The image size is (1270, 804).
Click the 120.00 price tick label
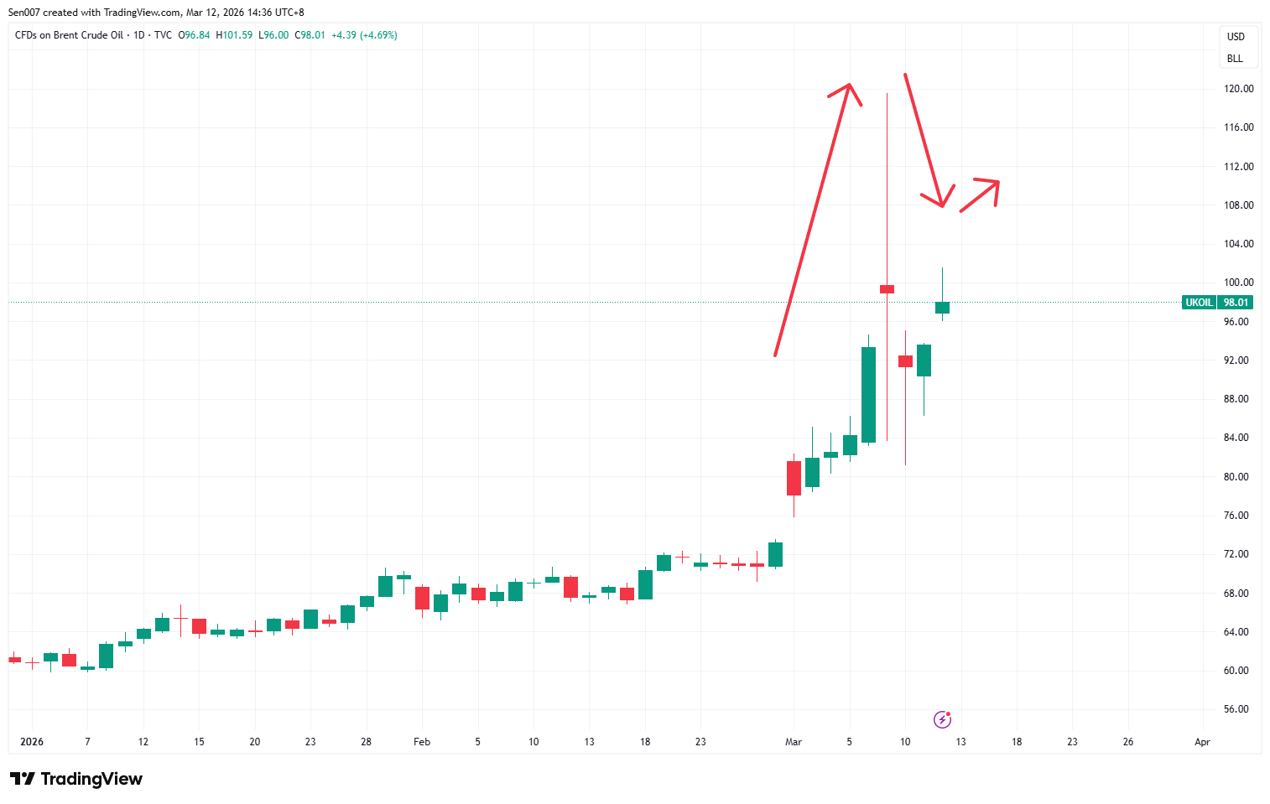(x=1238, y=89)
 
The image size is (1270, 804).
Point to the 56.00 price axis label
(x=1236, y=709)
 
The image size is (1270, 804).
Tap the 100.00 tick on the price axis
(x=1238, y=283)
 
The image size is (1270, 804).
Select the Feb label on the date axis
(x=422, y=742)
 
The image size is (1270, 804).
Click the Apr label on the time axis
(x=1202, y=742)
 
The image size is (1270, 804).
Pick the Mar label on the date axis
(x=794, y=742)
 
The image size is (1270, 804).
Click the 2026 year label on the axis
(x=32, y=742)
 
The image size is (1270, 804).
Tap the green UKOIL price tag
(x=1199, y=303)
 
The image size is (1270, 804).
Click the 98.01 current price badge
(x=1236, y=303)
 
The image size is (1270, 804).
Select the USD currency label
(x=1236, y=37)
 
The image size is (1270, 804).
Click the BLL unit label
(x=1235, y=59)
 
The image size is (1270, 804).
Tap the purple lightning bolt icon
(x=942, y=719)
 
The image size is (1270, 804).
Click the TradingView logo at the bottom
(x=76, y=779)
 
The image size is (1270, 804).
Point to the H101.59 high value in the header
(x=234, y=35)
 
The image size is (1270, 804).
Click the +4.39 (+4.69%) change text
(x=364, y=35)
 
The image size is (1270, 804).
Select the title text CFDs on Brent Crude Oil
(x=69, y=35)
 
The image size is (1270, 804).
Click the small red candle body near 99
(x=887, y=289)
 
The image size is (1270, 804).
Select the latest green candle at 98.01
(x=942, y=308)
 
